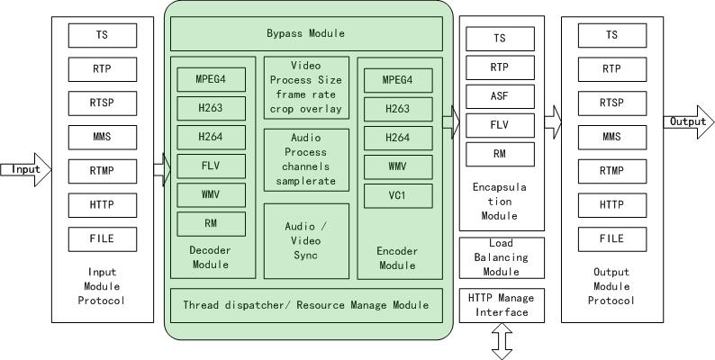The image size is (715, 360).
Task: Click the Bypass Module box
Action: tap(306, 34)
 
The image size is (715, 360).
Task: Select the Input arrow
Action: tap(26, 169)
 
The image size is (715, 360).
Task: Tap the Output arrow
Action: tap(688, 121)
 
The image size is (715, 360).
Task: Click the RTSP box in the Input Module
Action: tap(103, 103)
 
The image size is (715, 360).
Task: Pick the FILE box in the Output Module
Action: tap(611, 239)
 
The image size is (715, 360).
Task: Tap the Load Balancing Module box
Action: tap(502, 257)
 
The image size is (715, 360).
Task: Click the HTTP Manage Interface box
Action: tap(502, 304)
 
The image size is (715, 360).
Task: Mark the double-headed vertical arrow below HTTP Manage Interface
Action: tap(502, 342)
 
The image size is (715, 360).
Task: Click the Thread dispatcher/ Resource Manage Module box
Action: tap(306, 305)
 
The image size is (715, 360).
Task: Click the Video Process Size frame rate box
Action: tap(306, 87)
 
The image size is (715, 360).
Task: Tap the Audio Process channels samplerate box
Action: tap(306, 159)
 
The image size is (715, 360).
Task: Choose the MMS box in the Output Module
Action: tap(611, 137)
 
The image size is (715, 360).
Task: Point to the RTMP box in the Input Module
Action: tap(103, 171)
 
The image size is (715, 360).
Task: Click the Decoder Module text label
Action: tap(210, 257)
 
